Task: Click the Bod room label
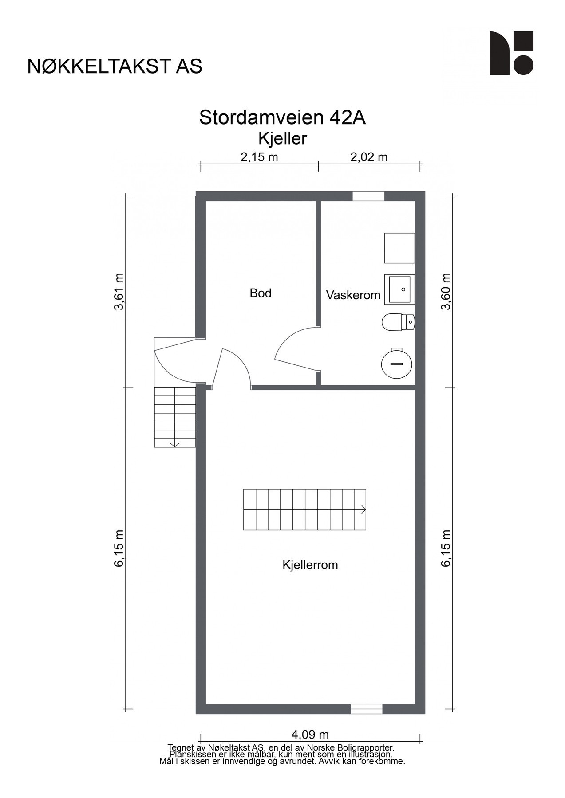[260, 293]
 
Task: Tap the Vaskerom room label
[353, 295]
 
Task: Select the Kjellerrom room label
[310, 565]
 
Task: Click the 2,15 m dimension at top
[259, 157]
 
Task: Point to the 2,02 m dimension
[369, 157]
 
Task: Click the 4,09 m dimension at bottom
[310, 734]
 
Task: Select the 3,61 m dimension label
[119, 292]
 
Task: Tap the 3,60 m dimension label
[446, 292]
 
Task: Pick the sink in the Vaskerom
[399, 289]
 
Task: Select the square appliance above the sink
[399, 248]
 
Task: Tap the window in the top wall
[368, 196]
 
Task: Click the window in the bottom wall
[366, 709]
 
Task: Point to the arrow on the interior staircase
[363, 509]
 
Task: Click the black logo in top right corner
[511, 53]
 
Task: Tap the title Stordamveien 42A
[282, 118]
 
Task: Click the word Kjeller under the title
[282, 139]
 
